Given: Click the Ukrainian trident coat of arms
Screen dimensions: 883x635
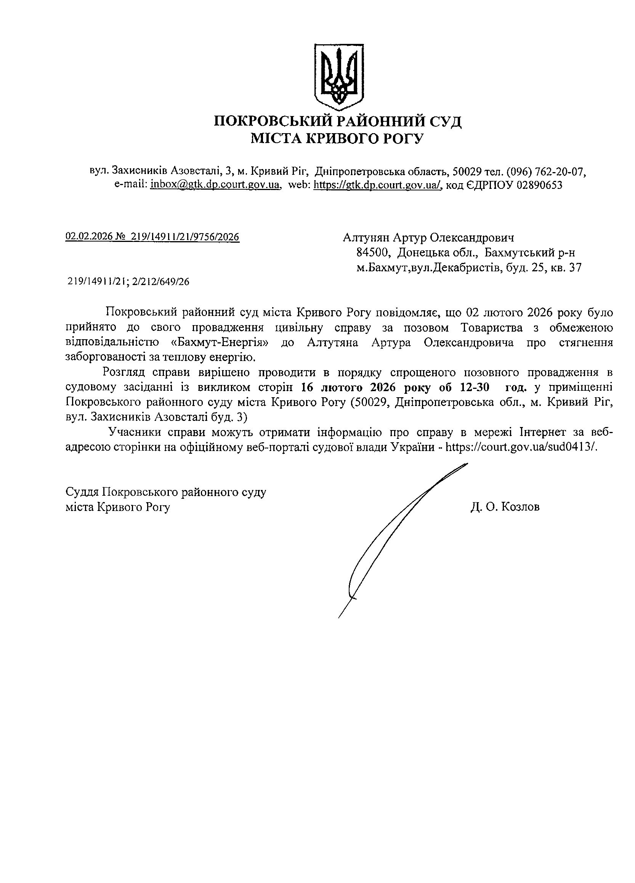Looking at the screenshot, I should click(338, 76).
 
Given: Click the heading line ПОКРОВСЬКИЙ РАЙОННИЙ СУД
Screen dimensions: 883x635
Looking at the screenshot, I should click(338, 121).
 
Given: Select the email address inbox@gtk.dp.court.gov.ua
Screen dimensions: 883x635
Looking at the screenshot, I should click(215, 185).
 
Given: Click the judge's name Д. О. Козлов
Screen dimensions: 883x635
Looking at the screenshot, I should click(505, 507).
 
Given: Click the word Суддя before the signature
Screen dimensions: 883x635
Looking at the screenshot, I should click(82, 492).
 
